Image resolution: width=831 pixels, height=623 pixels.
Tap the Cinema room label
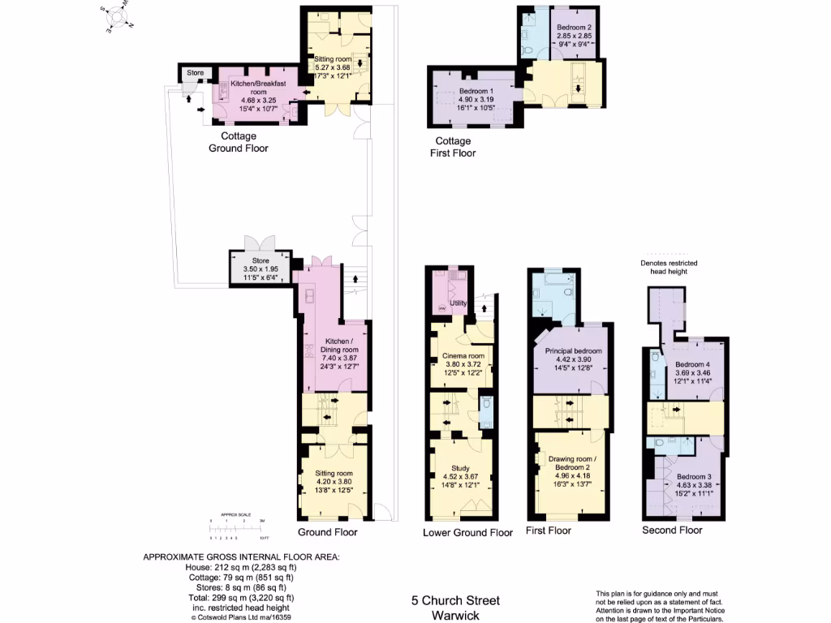point(463,356)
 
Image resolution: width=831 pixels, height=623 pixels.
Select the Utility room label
point(459,303)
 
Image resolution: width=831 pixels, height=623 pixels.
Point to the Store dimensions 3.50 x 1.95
point(260,269)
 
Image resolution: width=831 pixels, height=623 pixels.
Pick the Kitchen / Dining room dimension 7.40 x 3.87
point(336,358)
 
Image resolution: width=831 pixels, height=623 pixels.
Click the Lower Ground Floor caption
point(467,533)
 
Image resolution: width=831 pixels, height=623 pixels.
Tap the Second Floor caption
point(672,531)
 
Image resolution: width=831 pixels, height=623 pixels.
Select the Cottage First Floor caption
point(454,146)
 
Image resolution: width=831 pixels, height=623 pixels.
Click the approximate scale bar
point(236,528)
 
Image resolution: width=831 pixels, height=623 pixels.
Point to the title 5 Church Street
point(455,600)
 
